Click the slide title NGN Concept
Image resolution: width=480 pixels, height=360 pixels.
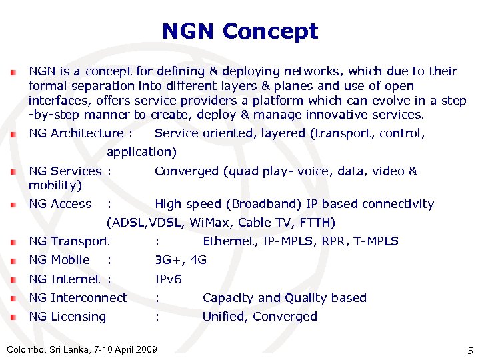tap(240, 31)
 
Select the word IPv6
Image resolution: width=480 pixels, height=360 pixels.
tap(168, 279)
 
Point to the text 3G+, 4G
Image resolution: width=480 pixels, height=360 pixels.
tap(180, 260)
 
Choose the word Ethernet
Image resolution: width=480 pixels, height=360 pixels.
tap(228, 241)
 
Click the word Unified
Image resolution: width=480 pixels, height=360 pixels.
tap(225, 317)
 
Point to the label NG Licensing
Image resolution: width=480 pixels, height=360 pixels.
tap(67, 317)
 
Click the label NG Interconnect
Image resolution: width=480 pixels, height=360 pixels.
tap(78, 298)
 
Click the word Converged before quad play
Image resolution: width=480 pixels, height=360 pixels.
tap(187, 171)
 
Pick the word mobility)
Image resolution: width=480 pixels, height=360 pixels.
tap(55, 185)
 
